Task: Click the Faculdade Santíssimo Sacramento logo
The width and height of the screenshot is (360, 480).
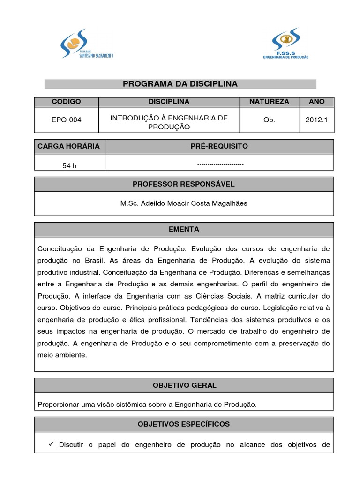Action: coord(86,44)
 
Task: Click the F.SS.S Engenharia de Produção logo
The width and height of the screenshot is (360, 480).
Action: coord(285,45)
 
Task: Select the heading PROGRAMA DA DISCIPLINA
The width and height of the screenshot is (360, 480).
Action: coord(180,84)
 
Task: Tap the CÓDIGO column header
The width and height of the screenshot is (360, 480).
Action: coord(66,102)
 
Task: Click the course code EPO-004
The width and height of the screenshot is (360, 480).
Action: coord(66,120)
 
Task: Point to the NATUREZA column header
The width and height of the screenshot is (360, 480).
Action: coord(269,102)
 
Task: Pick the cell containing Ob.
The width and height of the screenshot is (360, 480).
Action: coord(269,120)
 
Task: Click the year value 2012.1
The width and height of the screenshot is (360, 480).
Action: coord(317,120)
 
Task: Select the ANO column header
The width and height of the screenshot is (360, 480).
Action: coord(317,102)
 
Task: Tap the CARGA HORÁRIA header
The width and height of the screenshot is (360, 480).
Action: coord(69,146)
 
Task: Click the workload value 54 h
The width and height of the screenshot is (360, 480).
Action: coord(69,166)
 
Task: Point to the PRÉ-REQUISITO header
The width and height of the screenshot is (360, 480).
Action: coord(219,146)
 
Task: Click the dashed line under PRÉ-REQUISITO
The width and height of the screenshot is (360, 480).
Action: coord(220,165)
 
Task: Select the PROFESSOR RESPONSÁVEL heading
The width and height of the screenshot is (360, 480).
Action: coord(184,184)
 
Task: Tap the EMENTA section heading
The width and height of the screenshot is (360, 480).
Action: coord(184,230)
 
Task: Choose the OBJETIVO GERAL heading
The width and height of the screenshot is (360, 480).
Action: coord(184,385)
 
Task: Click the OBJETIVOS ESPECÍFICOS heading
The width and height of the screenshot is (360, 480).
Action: coord(184,424)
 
